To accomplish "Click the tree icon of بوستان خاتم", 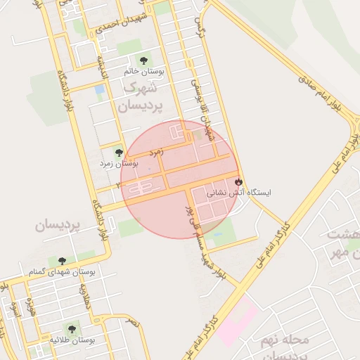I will click(x=144, y=60).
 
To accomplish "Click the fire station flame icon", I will click(x=239, y=181).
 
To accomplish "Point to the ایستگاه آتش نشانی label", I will click(x=239, y=192).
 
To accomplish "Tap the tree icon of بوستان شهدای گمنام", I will click(x=62, y=260).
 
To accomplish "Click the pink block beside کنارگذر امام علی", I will click(x=238, y=321).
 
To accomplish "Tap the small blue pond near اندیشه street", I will click(x=99, y=90).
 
